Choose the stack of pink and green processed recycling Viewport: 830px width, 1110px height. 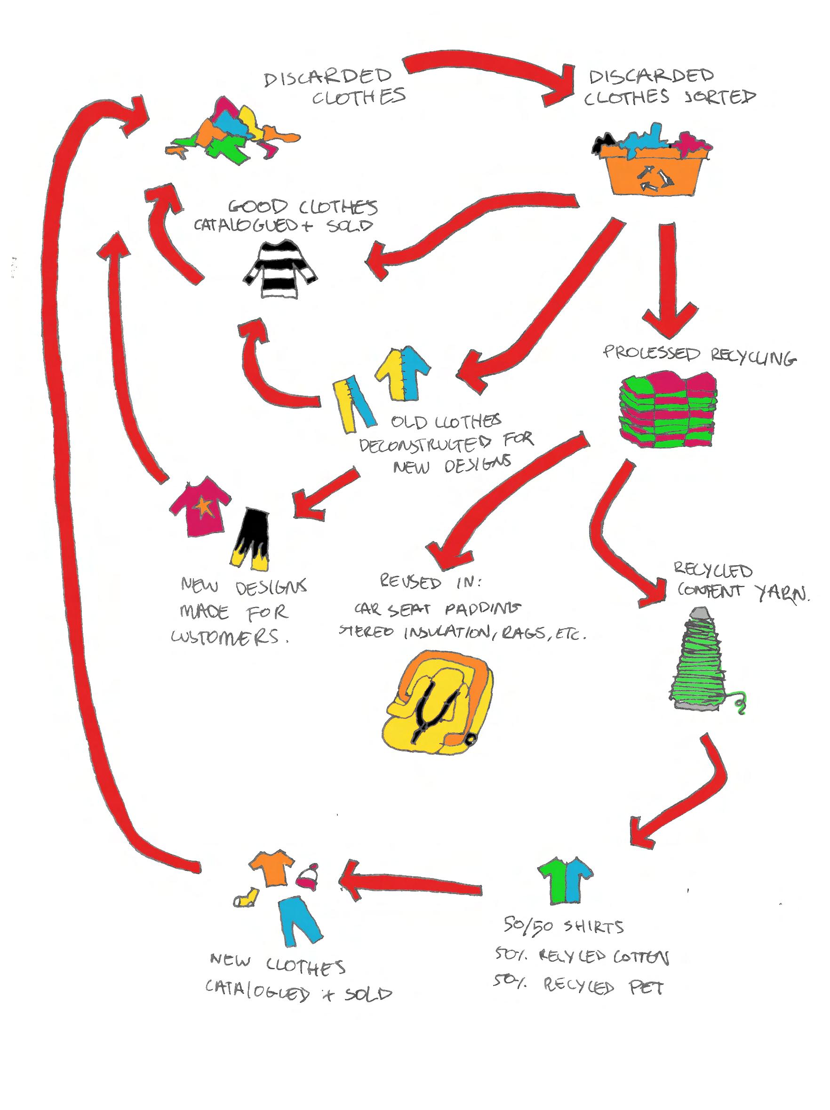667,409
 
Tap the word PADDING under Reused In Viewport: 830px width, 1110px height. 481,609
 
